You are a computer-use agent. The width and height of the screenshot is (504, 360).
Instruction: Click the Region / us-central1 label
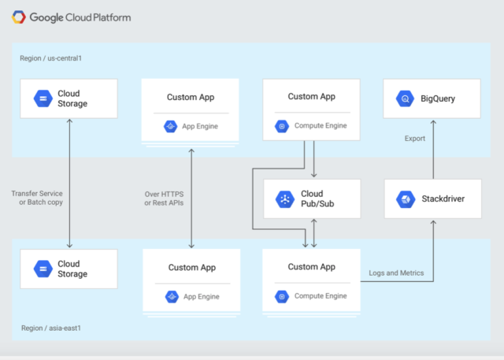coord(51,58)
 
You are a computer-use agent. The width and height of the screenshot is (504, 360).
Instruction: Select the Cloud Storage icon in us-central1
coord(43,98)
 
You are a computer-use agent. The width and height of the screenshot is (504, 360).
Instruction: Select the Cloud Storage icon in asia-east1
coord(43,269)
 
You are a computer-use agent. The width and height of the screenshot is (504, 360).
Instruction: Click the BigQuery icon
coord(406,99)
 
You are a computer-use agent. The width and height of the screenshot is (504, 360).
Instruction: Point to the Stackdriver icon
coord(406,199)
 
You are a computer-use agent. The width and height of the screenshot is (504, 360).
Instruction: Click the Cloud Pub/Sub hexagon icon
coord(283,199)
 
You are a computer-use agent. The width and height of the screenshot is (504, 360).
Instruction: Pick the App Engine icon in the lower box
coord(170,296)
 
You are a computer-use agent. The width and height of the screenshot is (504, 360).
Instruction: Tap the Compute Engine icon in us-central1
coord(281,126)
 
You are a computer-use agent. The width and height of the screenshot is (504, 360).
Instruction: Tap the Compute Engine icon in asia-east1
coord(281,296)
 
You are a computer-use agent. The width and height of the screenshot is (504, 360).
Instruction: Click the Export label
coord(415,139)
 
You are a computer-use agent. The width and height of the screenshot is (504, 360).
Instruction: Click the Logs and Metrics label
coord(396,273)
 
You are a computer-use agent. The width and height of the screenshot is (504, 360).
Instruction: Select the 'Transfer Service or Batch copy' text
coord(37,198)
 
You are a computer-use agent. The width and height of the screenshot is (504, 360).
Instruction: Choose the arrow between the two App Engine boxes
coord(191,197)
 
